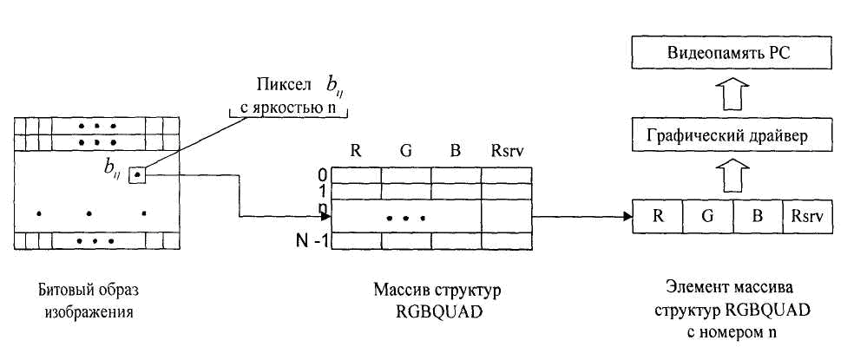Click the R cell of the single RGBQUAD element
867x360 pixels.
click(659, 215)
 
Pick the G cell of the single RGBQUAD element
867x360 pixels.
click(707, 215)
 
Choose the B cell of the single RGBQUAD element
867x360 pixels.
click(757, 215)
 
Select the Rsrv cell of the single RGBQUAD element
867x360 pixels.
click(806, 215)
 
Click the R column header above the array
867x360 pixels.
click(356, 150)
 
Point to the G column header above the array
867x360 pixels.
click(406, 150)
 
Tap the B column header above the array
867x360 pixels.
click(455, 150)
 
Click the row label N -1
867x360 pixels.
click(310, 240)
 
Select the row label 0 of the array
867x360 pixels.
click(323, 174)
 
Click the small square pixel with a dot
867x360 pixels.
click(137, 176)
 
